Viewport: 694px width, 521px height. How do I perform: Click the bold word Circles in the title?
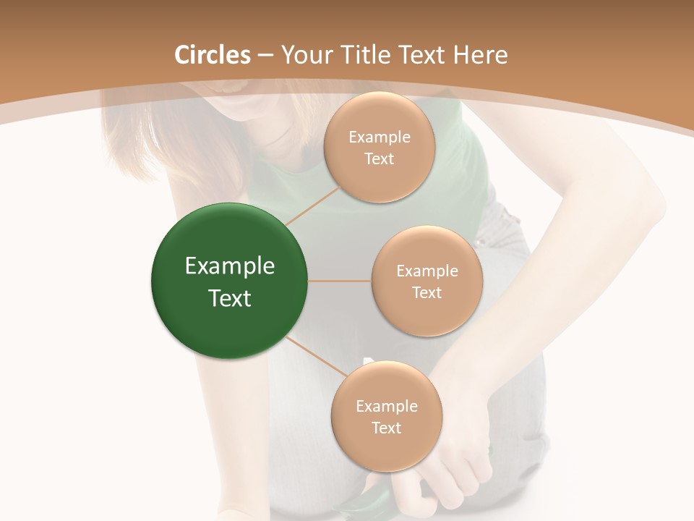pos(213,55)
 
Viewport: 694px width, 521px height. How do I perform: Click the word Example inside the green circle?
pos(230,266)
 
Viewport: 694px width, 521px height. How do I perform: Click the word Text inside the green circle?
pos(230,298)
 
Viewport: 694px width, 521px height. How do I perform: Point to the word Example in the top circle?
pos(380,137)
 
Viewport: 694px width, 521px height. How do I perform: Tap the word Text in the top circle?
pos(380,158)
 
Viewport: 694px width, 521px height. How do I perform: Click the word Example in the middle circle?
pos(427,271)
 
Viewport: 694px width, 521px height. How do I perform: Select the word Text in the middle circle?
pos(427,292)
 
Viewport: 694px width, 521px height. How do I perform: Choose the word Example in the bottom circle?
pos(387,407)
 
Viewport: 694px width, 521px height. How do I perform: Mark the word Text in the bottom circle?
pos(387,428)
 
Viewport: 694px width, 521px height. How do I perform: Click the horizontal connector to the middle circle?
pos(340,281)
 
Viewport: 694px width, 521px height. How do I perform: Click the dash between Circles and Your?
pos(265,56)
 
